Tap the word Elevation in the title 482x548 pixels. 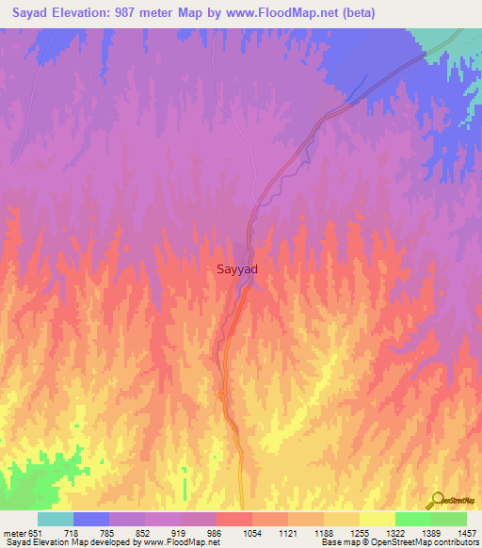click(90, 13)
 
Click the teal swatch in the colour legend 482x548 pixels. click(56, 519)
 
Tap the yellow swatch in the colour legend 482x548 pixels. click(377, 519)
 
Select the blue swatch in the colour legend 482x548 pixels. click(91, 519)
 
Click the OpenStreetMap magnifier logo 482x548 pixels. click(437, 500)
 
